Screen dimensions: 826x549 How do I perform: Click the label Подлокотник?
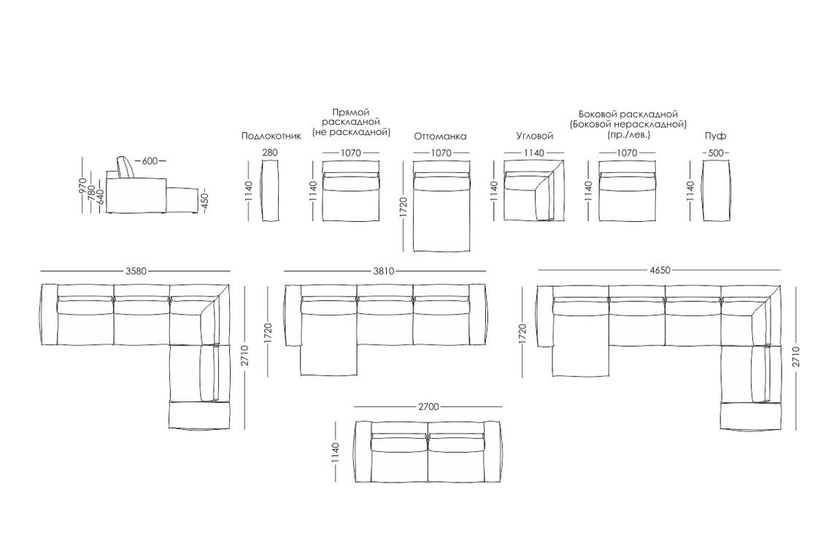click(x=271, y=136)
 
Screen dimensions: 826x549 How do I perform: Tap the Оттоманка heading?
click(x=441, y=137)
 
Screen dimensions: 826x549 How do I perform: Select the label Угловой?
click(x=535, y=136)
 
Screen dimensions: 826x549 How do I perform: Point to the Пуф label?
click(x=715, y=136)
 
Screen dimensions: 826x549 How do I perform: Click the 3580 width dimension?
click(x=136, y=272)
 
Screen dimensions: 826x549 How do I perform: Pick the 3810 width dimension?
click(x=384, y=272)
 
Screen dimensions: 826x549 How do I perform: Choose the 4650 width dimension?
click(x=660, y=270)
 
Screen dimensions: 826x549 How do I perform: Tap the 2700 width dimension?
click(x=428, y=407)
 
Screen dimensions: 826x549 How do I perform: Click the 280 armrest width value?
click(x=270, y=153)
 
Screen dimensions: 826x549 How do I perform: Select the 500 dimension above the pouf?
click(x=715, y=153)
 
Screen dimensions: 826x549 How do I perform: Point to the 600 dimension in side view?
click(x=150, y=161)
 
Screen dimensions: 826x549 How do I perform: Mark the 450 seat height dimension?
click(x=205, y=201)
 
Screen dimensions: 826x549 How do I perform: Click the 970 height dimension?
click(x=82, y=187)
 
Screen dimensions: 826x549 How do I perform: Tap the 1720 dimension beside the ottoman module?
click(x=404, y=207)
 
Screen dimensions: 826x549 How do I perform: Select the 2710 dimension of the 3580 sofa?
click(x=245, y=356)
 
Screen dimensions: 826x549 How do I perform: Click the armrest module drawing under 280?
click(x=270, y=191)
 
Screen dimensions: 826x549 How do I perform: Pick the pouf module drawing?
click(x=716, y=191)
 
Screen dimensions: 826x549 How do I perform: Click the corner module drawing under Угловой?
click(x=534, y=191)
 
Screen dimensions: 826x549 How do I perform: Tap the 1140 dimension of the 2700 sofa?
click(x=336, y=453)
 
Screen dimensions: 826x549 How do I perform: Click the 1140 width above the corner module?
click(x=533, y=153)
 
